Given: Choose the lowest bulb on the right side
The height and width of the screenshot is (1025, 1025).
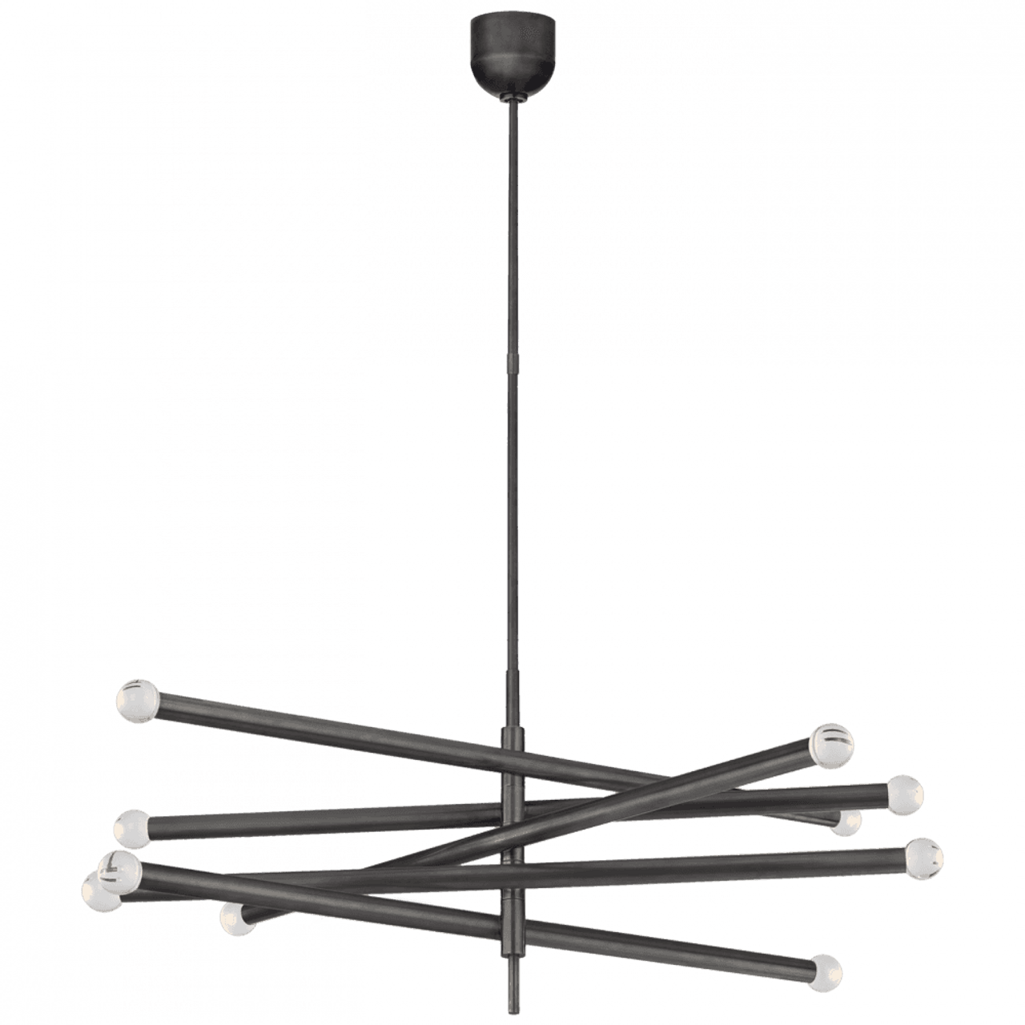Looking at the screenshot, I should pyautogui.click(x=824, y=970).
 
